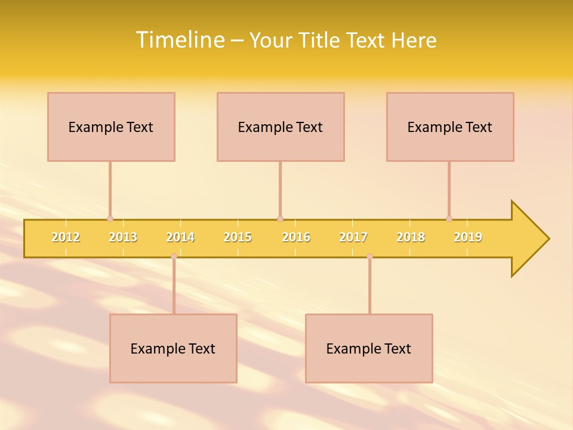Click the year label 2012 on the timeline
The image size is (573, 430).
[x=66, y=237]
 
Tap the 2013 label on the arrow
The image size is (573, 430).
[x=123, y=237]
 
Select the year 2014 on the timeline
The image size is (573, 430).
[x=180, y=237]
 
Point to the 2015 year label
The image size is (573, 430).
[x=238, y=237]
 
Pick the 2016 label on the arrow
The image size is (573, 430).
[x=296, y=237]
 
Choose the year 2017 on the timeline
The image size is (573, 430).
[x=353, y=237]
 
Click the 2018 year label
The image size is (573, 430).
[x=411, y=237]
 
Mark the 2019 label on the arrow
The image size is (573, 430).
[x=468, y=237]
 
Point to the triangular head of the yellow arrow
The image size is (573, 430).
[x=529, y=238]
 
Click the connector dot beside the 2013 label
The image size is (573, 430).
[x=110, y=219]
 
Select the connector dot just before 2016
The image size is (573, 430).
[x=280, y=219]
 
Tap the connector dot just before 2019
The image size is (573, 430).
[x=449, y=219]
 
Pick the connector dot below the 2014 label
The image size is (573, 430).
[x=174, y=256]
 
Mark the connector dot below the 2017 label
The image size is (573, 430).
[x=369, y=256]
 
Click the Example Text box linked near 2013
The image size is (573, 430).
[x=111, y=127]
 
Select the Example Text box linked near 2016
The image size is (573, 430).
[x=281, y=127]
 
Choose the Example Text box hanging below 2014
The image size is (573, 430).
[x=173, y=348]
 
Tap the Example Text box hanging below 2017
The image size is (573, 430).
[x=369, y=348]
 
